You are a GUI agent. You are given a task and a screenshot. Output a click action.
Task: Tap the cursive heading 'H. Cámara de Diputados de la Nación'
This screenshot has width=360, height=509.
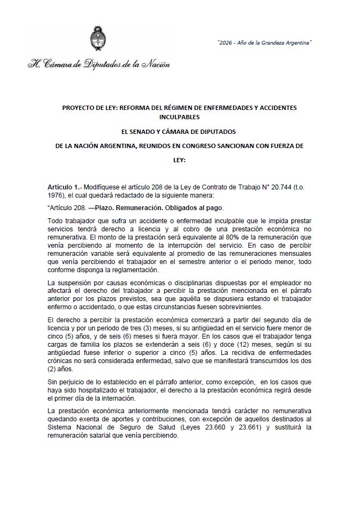[x=99, y=64]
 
